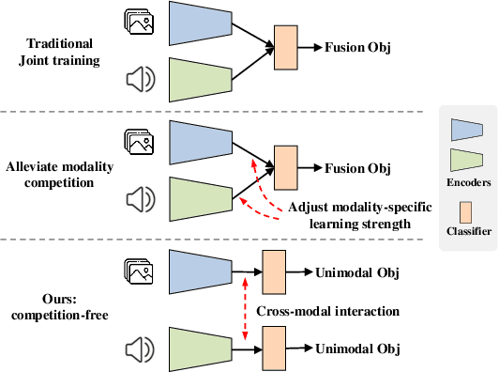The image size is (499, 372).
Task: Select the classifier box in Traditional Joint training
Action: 285,46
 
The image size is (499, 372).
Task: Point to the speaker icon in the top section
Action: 137,79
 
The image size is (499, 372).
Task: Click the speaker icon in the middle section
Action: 137,199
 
